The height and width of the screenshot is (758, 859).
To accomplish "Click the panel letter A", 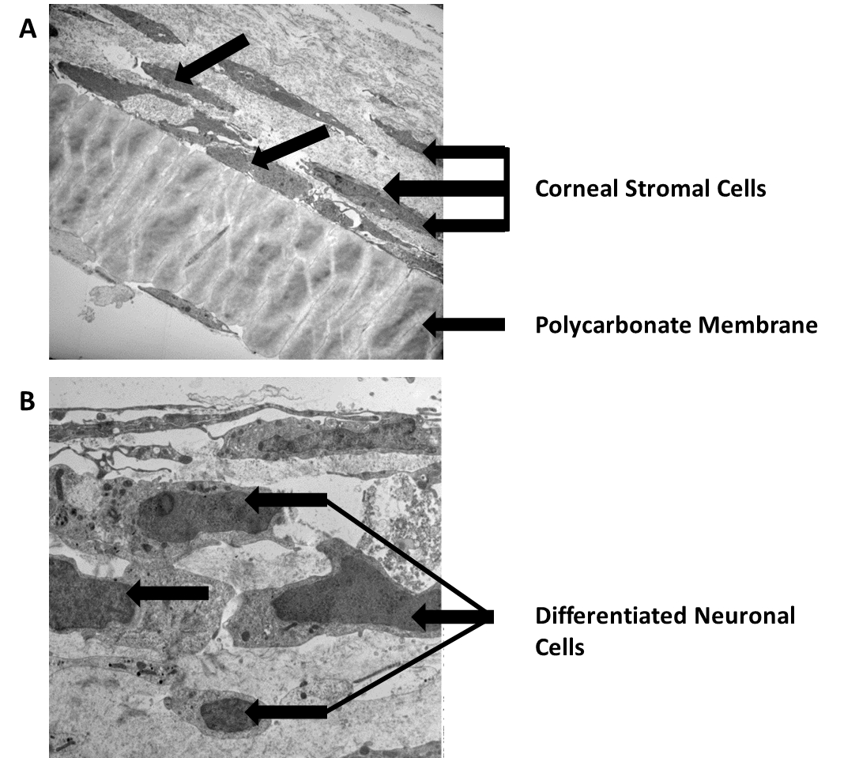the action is coord(28,29).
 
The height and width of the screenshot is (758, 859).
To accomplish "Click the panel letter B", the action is coord(28,402).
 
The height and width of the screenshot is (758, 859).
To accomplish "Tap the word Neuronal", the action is coord(744,615).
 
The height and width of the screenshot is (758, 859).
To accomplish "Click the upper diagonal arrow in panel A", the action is coord(212,59).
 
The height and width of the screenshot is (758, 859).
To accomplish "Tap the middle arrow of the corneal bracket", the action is coord(443,188).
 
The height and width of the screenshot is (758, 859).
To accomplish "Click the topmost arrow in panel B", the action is coord(285,499).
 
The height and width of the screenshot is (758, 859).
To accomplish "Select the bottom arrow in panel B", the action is coord(285,712).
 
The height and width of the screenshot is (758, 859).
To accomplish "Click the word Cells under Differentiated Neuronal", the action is coord(559,647).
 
